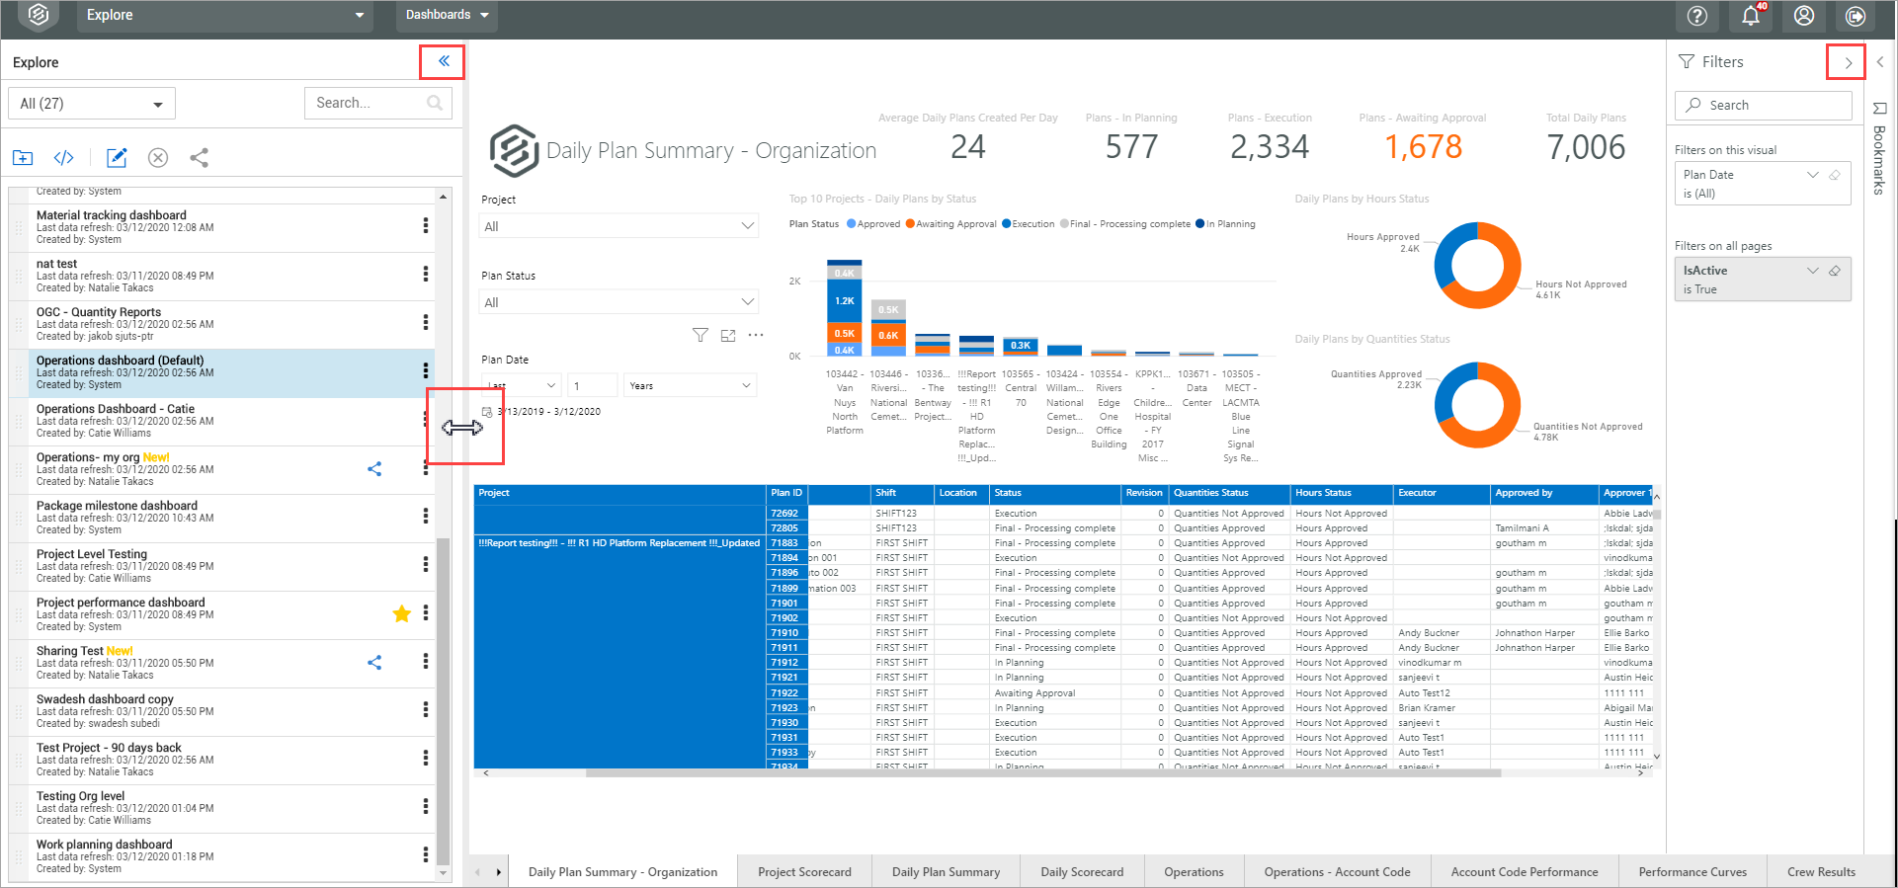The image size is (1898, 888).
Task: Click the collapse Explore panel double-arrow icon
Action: coord(444,61)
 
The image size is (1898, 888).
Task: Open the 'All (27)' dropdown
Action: coord(91,104)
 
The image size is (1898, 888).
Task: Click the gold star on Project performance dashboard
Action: coord(401,613)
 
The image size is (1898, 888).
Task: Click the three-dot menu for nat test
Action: coord(426,274)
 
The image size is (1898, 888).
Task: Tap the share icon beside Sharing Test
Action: coord(374,663)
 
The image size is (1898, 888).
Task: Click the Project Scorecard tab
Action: coord(804,871)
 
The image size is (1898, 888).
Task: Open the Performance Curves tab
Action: coord(1692,871)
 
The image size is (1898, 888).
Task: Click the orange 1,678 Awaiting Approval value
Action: coord(1423,147)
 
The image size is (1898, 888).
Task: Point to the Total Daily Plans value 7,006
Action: coord(1586,147)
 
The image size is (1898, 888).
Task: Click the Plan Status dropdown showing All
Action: coord(619,302)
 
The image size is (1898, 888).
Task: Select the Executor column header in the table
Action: coord(1417,493)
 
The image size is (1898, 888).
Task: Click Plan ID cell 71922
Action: coord(784,692)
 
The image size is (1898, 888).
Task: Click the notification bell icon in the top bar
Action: coord(1751,16)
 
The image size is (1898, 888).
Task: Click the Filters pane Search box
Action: coord(1763,105)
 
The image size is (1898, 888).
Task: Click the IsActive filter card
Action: coord(1762,280)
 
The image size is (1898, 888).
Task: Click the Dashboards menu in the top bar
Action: coord(447,15)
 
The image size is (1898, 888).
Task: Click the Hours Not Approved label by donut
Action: coord(1580,284)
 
